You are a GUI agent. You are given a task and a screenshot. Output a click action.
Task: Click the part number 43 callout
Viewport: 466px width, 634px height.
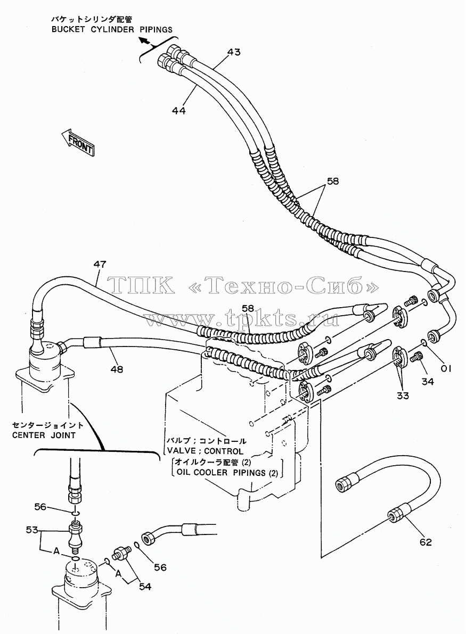[233, 52]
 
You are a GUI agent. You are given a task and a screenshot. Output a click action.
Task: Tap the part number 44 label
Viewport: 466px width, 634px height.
[178, 110]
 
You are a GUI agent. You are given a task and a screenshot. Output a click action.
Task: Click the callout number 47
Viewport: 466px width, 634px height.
[100, 265]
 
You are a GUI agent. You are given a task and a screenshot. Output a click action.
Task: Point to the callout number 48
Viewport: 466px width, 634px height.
[117, 369]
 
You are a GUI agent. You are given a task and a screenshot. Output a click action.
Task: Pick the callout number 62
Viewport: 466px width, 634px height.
[426, 542]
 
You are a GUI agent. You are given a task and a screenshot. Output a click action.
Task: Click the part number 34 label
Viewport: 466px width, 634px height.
[428, 381]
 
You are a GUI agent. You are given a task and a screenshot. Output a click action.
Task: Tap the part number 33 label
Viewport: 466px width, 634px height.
[403, 396]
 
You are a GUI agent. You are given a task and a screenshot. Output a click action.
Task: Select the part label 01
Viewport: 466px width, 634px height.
[446, 368]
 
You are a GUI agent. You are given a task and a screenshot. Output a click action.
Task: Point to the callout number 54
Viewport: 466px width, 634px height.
[145, 586]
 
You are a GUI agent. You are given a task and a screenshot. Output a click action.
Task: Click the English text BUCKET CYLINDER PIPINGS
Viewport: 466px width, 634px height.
[112, 29]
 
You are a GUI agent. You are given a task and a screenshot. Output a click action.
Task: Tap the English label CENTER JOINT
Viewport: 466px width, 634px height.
[44, 435]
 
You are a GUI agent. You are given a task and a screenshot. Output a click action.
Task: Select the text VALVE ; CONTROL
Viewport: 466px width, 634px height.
[205, 451]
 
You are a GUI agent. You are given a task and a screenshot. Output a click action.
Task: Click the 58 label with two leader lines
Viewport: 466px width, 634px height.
[332, 182]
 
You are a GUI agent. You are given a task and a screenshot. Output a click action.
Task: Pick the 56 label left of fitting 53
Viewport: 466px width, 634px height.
[40, 507]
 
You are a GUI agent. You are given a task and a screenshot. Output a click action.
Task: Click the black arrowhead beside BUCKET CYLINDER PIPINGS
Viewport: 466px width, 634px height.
[143, 40]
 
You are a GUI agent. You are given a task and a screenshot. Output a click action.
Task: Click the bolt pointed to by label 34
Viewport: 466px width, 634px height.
[416, 357]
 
